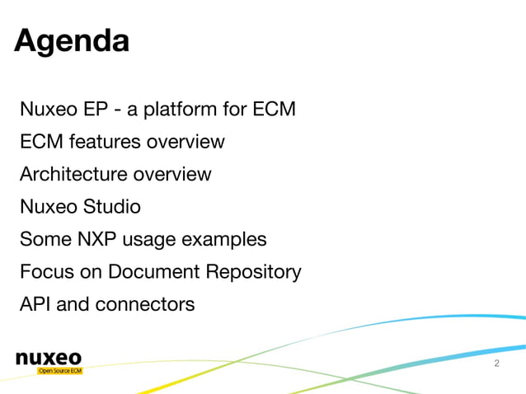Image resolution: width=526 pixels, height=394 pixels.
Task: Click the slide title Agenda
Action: [x=72, y=40]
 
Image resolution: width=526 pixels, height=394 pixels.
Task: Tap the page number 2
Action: [x=496, y=364]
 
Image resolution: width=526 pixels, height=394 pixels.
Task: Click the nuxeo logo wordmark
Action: [x=49, y=358]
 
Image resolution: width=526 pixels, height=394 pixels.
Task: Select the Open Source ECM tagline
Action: [x=59, y=371]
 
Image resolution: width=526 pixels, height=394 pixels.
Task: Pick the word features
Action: [x=105, y=142]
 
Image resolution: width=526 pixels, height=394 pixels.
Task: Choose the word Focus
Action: [x=45, y=272]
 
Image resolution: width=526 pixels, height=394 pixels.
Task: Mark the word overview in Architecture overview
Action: [x=172, y=175]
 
